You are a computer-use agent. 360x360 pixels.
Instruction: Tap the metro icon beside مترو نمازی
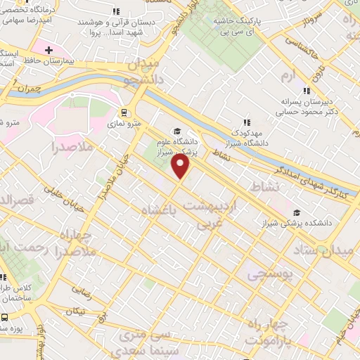(124, 112)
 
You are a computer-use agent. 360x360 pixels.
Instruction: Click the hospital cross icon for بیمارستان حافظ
(49, 51)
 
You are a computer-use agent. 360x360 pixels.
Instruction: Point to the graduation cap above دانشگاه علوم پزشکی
(177, 131)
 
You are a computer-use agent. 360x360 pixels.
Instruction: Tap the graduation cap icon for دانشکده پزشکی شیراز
(297, 212)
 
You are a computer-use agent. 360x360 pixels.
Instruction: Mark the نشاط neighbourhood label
(271, 185)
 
